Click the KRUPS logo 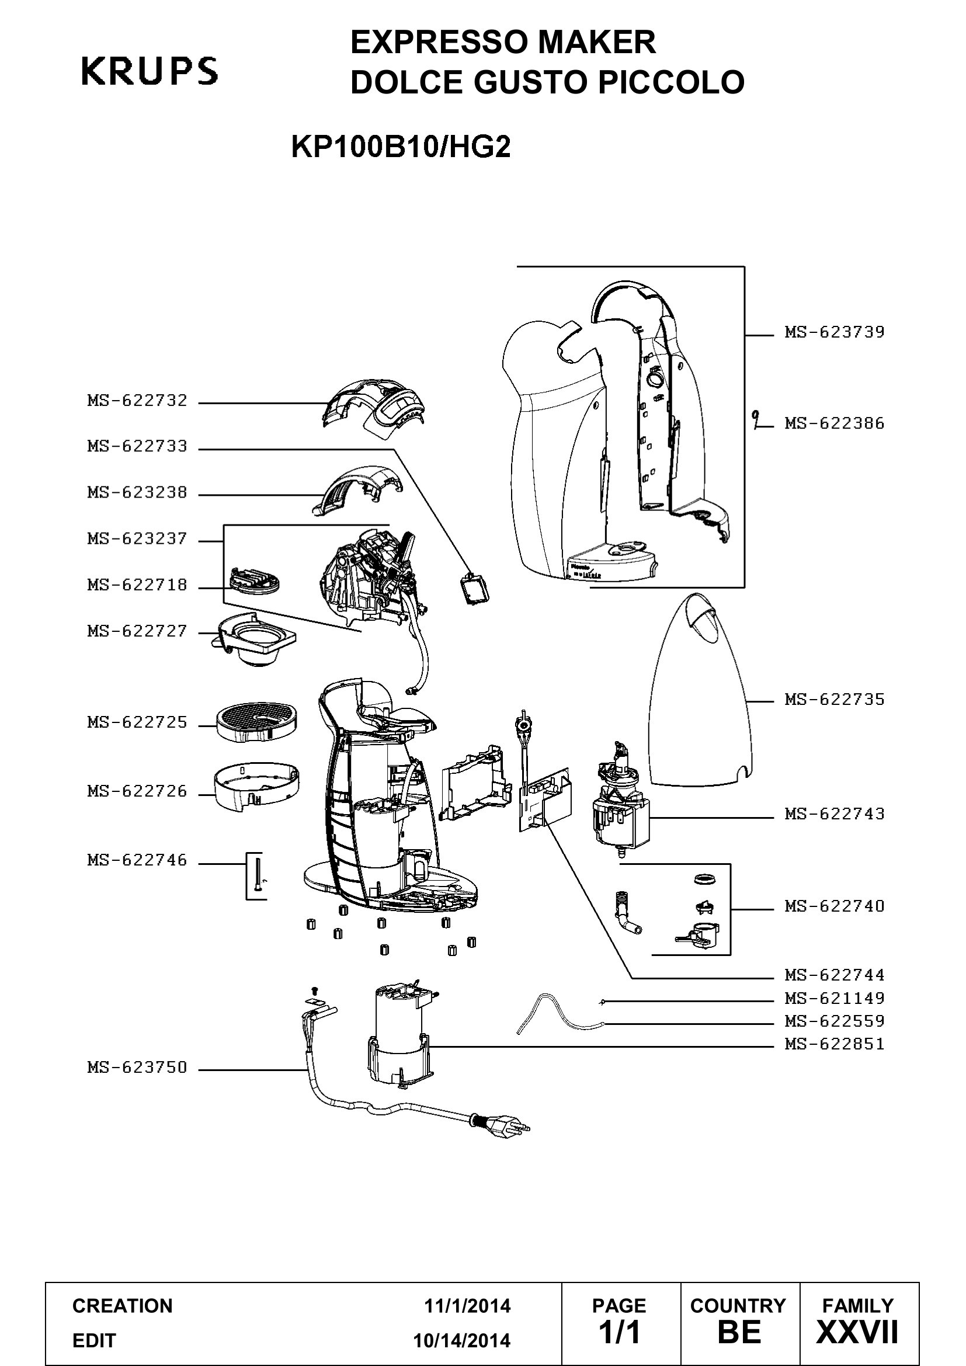150,71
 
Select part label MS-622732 137,401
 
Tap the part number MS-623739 835,332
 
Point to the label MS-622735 835,699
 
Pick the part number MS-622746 137,860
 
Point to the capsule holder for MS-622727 252,639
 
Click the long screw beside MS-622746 258,873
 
